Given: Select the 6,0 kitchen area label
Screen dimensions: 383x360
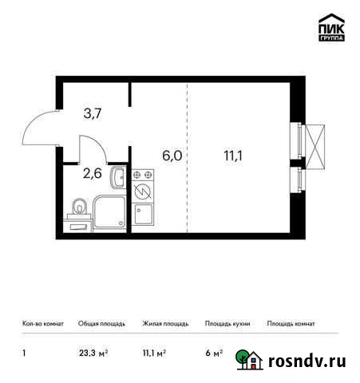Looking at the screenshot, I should (x=172, y=156).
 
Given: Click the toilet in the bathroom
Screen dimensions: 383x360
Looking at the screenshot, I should (x=78, y=209).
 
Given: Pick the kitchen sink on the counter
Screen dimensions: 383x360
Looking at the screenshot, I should (x=144, y=213).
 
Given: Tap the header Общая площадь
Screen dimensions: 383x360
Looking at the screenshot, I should (x=99, y=324).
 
